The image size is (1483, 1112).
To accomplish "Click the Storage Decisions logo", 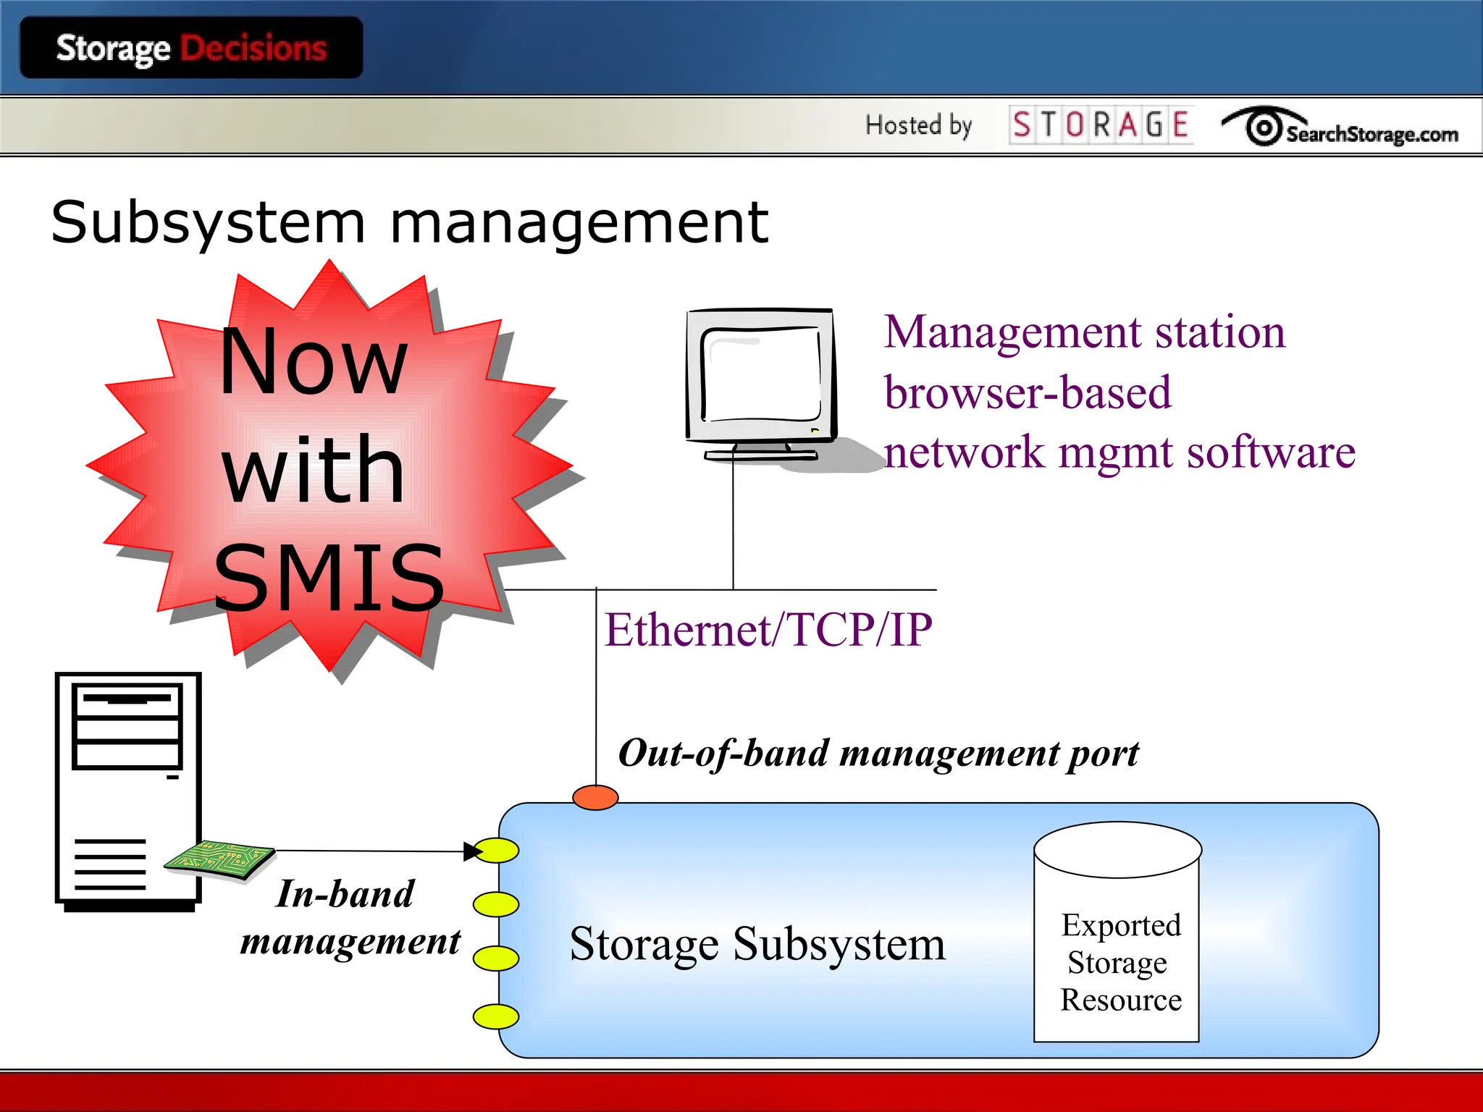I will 191,49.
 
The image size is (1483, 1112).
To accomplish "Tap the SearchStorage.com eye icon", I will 1264,128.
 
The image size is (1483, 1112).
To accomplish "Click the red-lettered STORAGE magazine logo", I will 1100,125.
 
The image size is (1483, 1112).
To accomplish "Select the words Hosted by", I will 918,125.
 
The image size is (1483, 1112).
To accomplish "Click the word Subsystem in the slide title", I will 208,222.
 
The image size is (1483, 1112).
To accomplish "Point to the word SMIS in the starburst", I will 329,578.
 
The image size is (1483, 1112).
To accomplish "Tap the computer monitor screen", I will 760,375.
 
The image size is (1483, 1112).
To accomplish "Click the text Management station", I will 1084,332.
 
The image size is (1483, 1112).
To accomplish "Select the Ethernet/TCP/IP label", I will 768,629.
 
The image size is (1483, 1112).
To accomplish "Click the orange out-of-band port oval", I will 595,797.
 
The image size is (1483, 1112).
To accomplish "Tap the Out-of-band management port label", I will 878,753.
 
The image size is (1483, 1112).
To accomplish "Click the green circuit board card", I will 219,860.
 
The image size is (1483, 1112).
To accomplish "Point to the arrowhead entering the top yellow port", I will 473,851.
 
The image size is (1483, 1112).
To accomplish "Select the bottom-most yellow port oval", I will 496,1016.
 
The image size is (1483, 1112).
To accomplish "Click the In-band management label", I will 349,917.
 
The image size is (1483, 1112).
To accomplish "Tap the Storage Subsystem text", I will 757,944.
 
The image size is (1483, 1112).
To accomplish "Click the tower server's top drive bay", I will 127,700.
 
